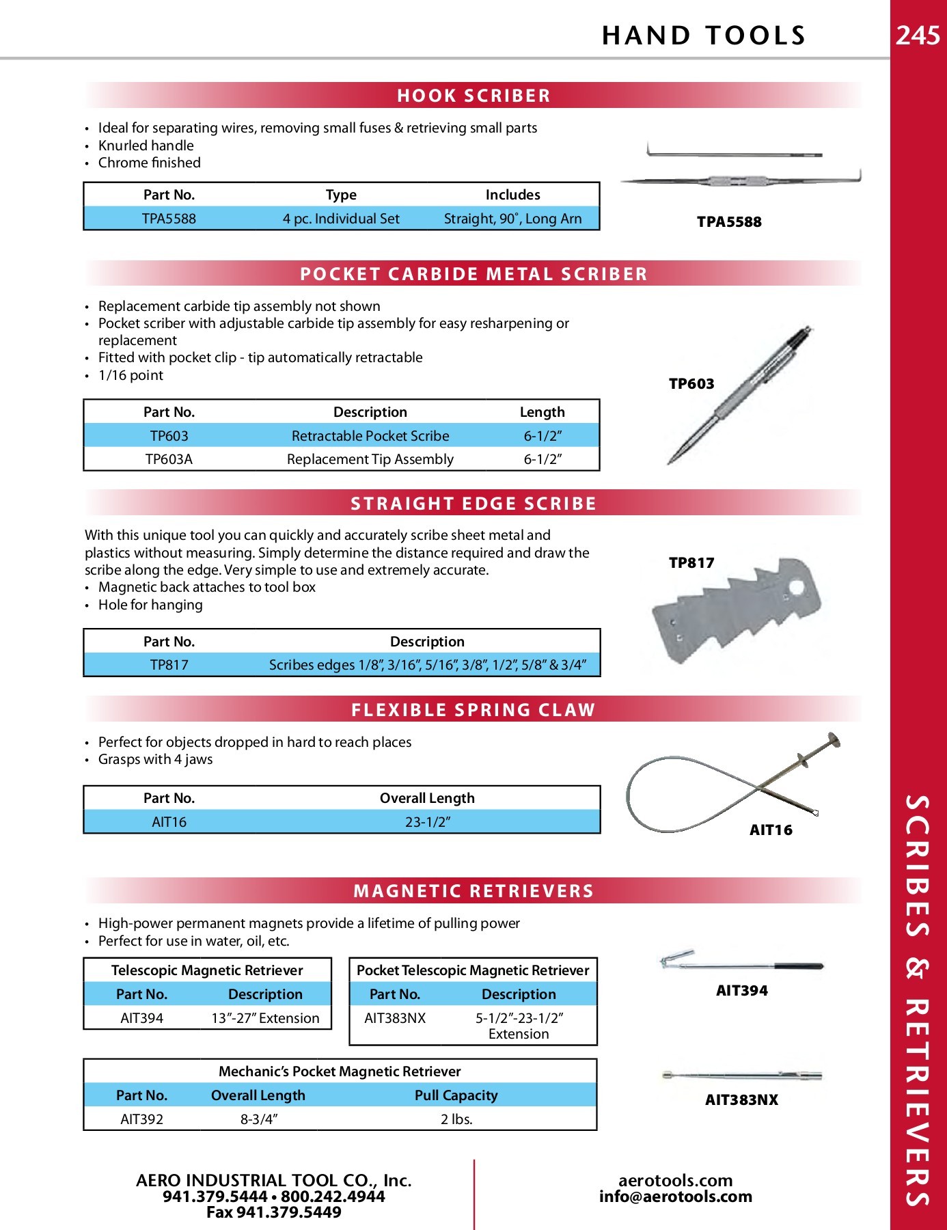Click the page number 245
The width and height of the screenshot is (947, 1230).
click(918, 35)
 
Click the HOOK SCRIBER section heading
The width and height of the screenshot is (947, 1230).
click(473, 96)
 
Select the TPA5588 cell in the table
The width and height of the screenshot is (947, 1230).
click(169, 219)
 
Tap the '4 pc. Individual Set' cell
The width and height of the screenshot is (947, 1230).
click(341, 219)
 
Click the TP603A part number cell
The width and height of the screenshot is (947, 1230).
click(169, 459)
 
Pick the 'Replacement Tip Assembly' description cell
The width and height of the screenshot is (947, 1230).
click(370, 459)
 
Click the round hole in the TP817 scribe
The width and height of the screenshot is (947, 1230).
click(796, 587)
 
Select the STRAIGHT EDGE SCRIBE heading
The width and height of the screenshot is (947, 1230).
click(473, 504)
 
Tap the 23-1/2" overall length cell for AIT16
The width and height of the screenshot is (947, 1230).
click(428, 822)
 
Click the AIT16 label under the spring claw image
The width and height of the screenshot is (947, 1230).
click(771, 830)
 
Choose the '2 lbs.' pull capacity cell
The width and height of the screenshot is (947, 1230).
click(456, 1119)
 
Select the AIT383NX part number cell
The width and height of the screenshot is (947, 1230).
click(395, 1018)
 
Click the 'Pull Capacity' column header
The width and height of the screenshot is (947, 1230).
click(456, 1095)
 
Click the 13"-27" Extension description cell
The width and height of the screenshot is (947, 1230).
click(265, 1018)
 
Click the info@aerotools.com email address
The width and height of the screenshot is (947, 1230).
click(676, 1197)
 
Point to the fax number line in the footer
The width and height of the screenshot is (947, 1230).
click(274, 1212)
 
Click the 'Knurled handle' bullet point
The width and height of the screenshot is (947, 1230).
click(146, 146)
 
